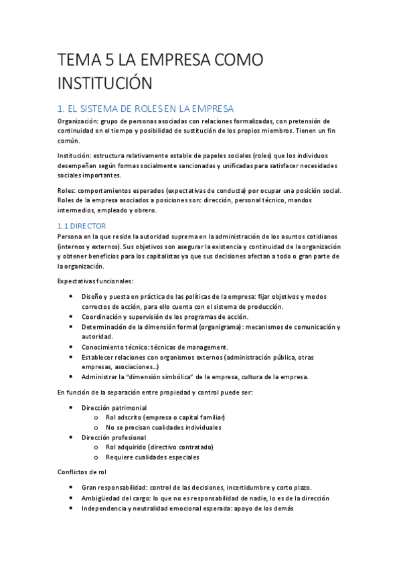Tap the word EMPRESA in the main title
tap(171, 60)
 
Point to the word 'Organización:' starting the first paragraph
tap(78, 121)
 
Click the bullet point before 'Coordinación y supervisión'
tap(72, 317)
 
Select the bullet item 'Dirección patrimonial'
tap(114, 407)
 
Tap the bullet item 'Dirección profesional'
tap(113, 437)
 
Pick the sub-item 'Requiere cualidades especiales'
tap(152, 457)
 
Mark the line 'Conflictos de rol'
tap(83, 472)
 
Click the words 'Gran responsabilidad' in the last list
tap(113, 488)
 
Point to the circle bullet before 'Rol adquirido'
tap(97, 447)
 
